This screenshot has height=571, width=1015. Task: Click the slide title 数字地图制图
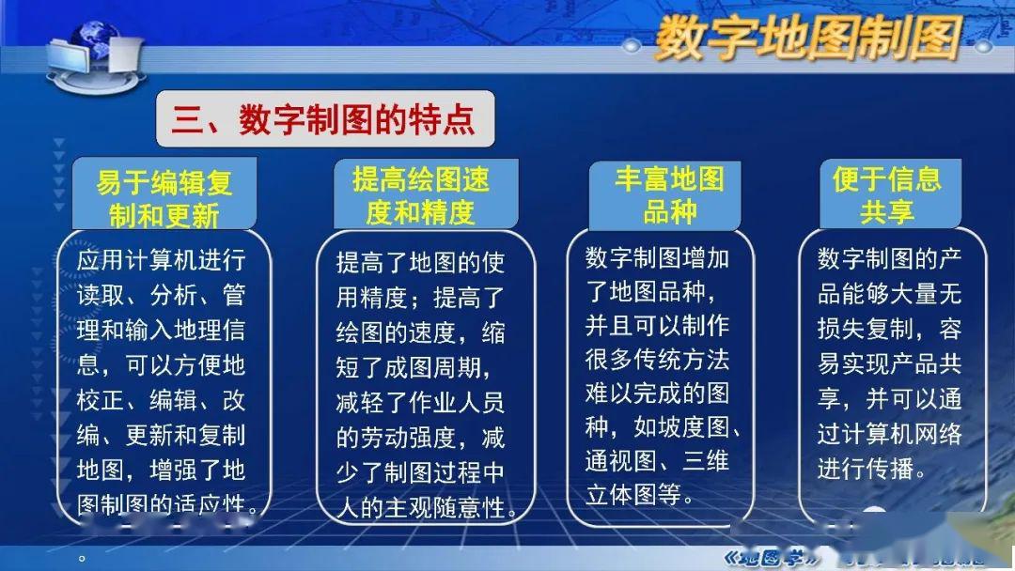coord(806,39)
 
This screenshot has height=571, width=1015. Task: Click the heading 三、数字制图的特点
coord(324,119)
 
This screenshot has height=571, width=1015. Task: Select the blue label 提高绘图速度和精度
coord(421,196)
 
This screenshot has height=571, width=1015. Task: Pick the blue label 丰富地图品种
coord(669,195)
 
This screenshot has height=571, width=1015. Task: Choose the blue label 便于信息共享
coord(886,195)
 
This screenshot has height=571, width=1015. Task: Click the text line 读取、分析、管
coord(161,296)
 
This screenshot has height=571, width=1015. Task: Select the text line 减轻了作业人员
coord(420,403)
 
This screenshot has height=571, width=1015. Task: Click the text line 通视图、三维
coord(657,460)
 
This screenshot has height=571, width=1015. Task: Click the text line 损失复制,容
coord(889,330)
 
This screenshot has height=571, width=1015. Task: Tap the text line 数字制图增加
coord(657,258)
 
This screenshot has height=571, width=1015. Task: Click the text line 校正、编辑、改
coord(161,400)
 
